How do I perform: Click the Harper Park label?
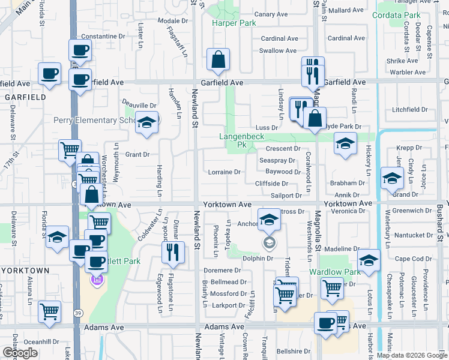(x=234, y=23)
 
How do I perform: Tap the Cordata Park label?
(x=396, y=15)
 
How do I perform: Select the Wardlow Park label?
(x=334, y=272)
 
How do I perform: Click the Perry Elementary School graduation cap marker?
(x=146, y=123)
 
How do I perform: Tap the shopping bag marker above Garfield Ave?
(x=218, y=59)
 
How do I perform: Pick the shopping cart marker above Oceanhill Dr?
(x=49, y=311)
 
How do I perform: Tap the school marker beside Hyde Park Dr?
(x=345, y=144)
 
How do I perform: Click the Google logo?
(x=20, y=353)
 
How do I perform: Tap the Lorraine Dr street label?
(x=224, y=172)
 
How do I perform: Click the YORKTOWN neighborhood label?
(x=25, y=271)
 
